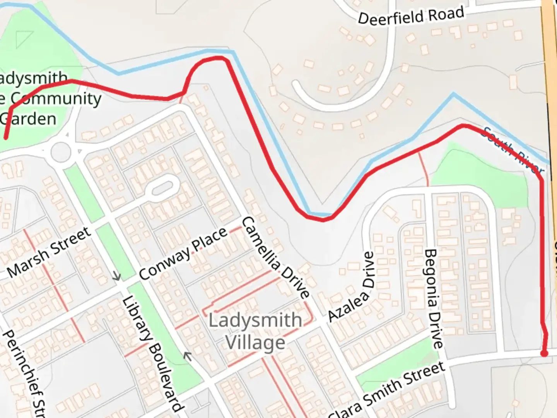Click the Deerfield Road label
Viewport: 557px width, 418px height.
(411, 16)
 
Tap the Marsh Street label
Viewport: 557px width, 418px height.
(49, 252)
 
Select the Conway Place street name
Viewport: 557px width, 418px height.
(183, 254)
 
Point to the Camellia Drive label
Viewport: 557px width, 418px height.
(275, 257)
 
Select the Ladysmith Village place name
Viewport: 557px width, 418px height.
(255, 331)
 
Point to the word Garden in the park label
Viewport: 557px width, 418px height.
(29, 118)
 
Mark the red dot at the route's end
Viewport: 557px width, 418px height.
(544, 353)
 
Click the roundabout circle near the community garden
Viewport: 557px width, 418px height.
(61, 152)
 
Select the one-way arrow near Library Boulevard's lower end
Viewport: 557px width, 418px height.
(188, 355)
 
